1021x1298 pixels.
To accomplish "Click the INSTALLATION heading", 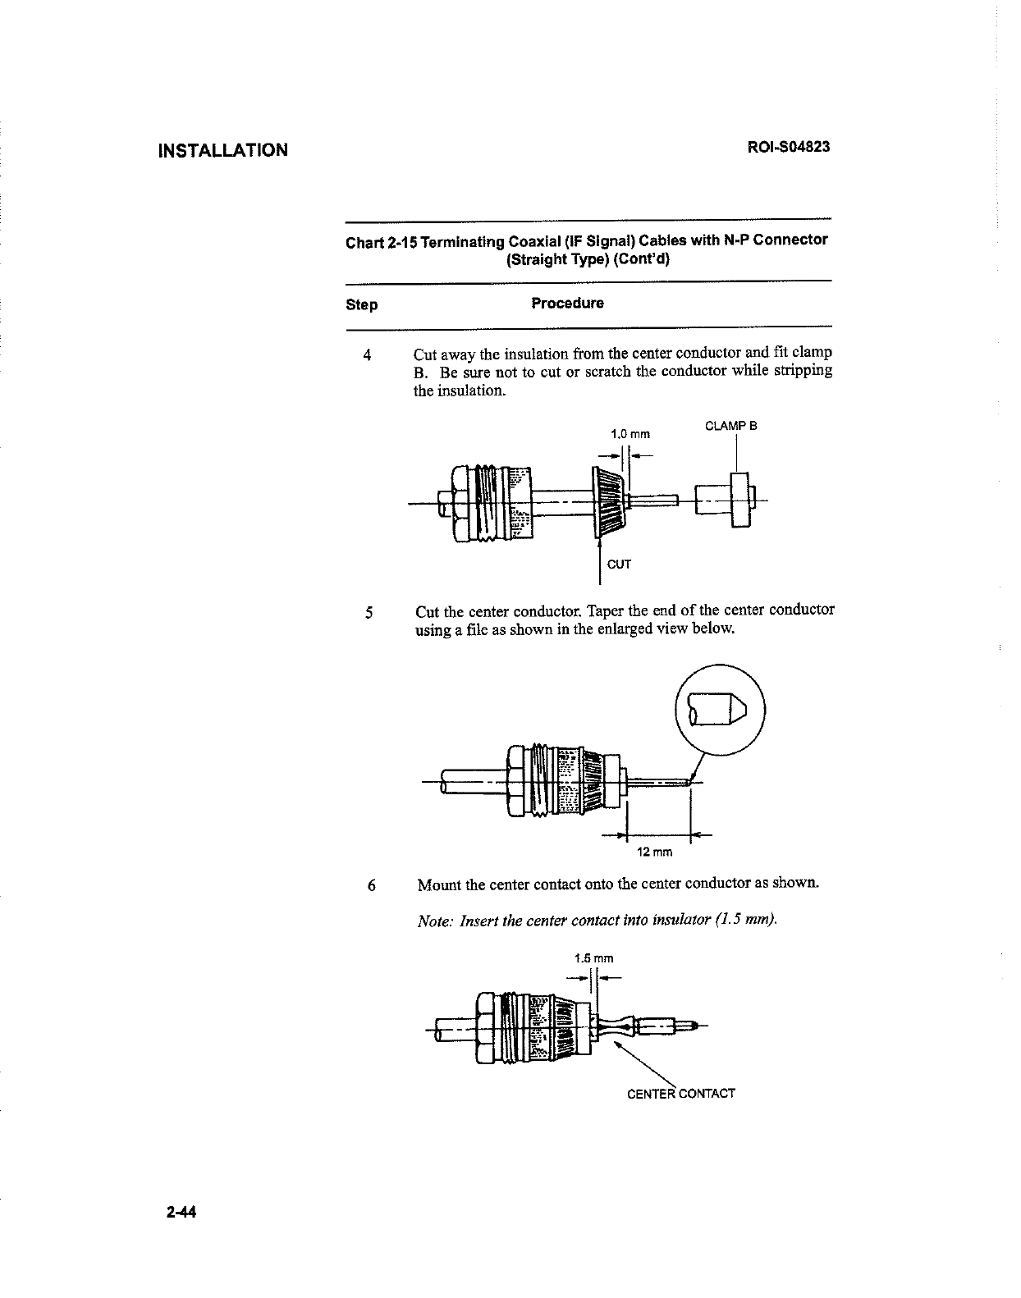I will tap(223, 150).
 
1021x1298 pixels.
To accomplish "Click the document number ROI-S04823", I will tap(788, 148).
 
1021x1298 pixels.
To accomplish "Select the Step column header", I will tap(362, 305).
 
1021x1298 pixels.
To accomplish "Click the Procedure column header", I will tap(567, 304).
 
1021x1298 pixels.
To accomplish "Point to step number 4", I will tap(367, 355).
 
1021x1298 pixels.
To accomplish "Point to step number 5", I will tap(369, 612).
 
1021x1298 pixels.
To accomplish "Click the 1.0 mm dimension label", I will tap(630, 433).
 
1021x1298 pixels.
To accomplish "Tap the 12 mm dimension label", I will tap(655, 852).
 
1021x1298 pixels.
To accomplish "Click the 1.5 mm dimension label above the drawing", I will tap(594, 958).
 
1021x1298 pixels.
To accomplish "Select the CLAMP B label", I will tap(730, 426).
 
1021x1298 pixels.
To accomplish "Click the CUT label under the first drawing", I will tap(619, 564).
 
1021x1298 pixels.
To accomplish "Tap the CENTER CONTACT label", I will tap(680, 1094).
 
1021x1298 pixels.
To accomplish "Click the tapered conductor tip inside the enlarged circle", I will tap(725, 709).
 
